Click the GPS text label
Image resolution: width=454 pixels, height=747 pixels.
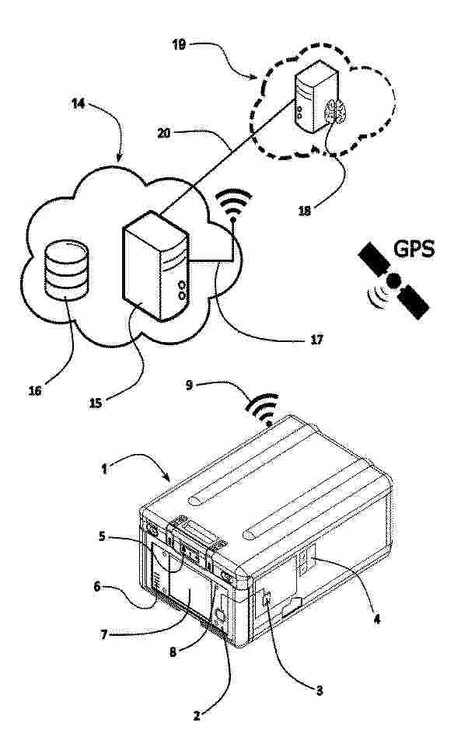[x=414, y=249]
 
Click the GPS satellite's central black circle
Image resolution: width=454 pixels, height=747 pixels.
[x=393, y=281]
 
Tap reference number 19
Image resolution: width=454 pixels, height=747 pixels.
[x=180, y=45]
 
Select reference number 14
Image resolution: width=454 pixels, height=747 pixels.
[x=79, y=103]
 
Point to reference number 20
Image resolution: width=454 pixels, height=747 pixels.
[x=163, y=134]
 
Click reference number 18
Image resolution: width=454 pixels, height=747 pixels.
[x=305, y=210]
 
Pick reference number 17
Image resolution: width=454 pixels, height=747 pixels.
[x=316, y=339]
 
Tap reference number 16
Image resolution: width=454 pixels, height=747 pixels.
[x=35, y=391]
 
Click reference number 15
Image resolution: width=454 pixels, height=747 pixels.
[x=96, y=403]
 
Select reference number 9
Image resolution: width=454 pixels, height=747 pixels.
[x=189, y=385]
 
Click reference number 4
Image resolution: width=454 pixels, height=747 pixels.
[x=376, y=620]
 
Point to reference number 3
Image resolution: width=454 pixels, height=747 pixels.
[x=320, y=689]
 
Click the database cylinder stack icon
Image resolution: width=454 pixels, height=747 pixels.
[x=66, y=271]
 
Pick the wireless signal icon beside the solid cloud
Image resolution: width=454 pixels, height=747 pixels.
[x=233, y=205]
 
